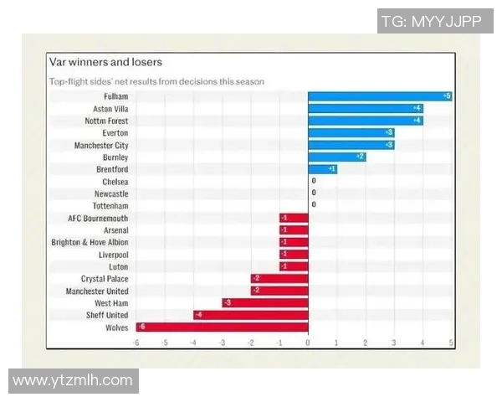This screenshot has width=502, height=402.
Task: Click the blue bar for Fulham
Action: point(380,96)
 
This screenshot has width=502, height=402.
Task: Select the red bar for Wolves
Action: point(222,327)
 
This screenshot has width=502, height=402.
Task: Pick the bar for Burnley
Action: point(336,157)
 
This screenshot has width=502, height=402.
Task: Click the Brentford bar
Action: point(322,169)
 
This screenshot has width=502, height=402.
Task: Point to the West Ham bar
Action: point(265,303)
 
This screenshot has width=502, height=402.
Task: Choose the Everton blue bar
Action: point(351,132)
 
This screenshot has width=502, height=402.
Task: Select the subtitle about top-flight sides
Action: point(156,81)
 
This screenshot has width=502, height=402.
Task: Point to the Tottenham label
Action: point(111,205)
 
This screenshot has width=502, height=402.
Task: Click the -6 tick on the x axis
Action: point(136,343)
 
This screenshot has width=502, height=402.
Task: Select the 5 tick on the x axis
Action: point(451,343)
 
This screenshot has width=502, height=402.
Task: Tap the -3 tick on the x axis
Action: point(222,343)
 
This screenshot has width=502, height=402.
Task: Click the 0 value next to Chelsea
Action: point(314,181)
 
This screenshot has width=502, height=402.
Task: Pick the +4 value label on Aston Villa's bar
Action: point(416,109)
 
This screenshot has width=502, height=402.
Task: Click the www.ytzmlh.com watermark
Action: point(73,381)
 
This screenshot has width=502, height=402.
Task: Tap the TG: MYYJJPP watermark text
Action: point(431,22)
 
